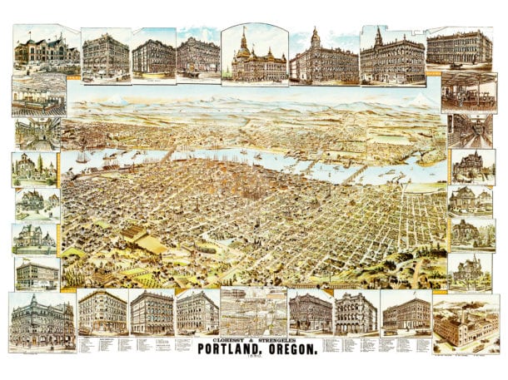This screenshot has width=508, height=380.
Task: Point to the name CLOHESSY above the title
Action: click(x=222, y=339)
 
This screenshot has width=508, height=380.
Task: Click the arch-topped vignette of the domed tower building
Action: click(x=254, y=54)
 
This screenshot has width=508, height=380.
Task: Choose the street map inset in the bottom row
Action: click(x=254, y=311)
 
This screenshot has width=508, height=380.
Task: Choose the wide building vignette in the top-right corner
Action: click(x=459, y=50)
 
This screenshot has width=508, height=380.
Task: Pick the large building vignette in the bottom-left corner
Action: click(x=42, y=321)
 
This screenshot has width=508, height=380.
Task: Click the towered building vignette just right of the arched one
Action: click(x=323, y=56)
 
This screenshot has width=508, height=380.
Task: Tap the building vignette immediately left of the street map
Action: click(x=197, y=311)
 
